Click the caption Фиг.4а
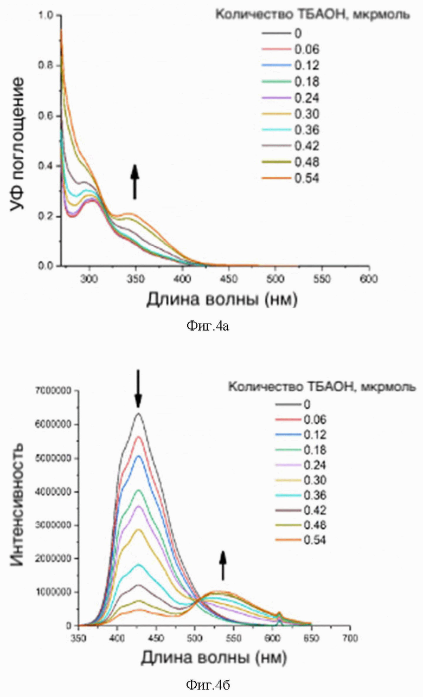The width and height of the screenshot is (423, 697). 208,326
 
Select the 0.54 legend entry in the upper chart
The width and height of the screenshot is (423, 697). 306,178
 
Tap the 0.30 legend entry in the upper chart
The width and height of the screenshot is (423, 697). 306,114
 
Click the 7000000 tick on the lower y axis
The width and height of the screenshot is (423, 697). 55,390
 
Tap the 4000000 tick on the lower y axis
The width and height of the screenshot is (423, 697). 55,492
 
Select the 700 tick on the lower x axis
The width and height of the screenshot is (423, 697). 350,637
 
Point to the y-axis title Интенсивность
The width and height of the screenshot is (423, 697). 18,504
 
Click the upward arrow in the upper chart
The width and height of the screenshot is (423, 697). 135,182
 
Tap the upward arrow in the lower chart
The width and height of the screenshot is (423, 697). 222,565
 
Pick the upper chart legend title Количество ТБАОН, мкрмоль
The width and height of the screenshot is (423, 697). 312,15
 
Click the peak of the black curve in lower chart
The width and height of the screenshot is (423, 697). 138,414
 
